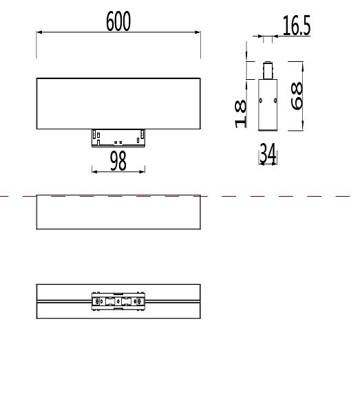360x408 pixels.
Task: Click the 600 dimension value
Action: coord(118,22)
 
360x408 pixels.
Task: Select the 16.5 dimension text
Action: coord(296,26)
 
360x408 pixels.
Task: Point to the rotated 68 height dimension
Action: coord(297,96)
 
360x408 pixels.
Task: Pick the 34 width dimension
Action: coord(268,155)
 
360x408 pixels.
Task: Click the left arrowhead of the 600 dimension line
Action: coord(39,32)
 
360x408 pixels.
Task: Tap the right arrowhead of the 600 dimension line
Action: coord(198,32)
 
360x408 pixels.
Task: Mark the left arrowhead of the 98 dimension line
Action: coord(93,171)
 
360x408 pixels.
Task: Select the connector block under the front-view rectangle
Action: coord(118,138)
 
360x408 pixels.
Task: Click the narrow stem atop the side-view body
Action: coord(268,72)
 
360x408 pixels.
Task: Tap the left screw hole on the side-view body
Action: coord(260,101)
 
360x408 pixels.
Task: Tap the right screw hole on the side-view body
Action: coord(275,101)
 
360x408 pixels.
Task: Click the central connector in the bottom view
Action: coord(118,301)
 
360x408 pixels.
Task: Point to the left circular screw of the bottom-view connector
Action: coord(97,301)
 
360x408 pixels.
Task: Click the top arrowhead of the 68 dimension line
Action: coord(301,63)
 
